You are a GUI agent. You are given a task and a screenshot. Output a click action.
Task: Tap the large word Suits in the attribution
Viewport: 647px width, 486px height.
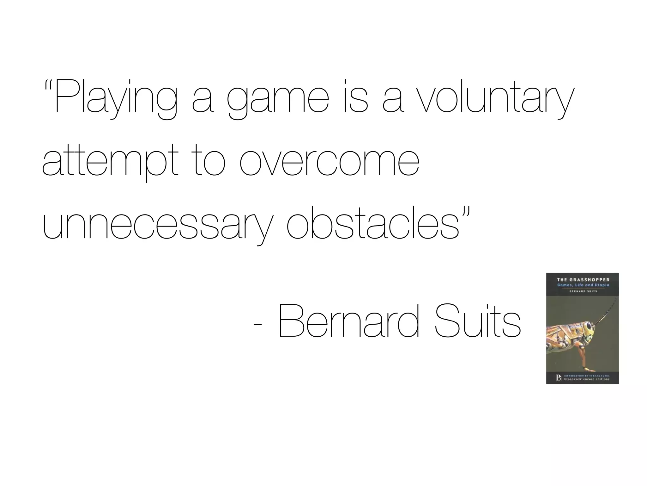point(477,321)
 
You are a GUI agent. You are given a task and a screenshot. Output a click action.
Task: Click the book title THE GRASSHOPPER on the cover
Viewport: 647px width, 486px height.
point(583,280)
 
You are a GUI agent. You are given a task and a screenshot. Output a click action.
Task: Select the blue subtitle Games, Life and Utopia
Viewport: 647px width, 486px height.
point(583,285)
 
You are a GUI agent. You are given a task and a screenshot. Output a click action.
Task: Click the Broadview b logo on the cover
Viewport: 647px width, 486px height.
point(559,378)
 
